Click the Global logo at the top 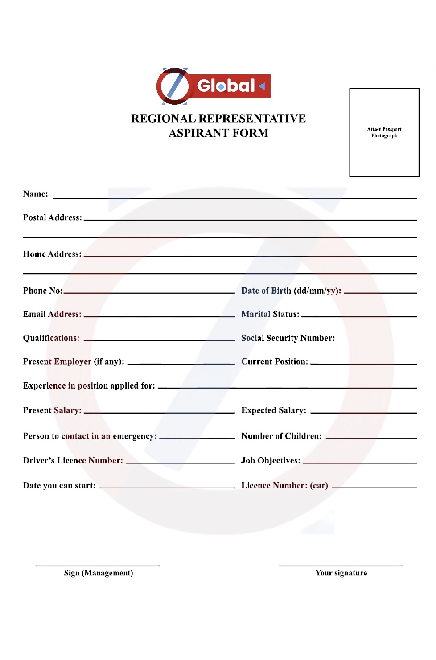coord(213,86)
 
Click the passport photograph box coord(384,132)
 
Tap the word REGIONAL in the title coord(163,119)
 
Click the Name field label coord(35,194)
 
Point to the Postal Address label coord(53,217)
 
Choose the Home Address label coord(52,254)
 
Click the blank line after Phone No coord(149,292)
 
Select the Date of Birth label coord(291,291)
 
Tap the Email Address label coord(52,314)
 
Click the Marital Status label coord(270,314)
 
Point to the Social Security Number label coord(288,338)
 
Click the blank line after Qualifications coord(159,340)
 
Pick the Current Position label coord(275,361)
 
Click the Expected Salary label coord(274,410)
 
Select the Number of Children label coord(281,436)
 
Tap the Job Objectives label coord(271,460)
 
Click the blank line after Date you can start coord(167,488)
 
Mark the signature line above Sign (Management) coord(98,566)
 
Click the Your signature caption coord(341,573)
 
